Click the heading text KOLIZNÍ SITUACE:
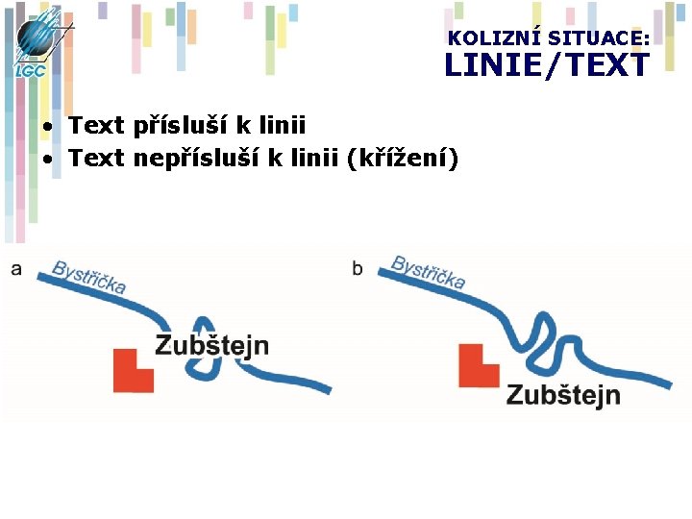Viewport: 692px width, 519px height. point(548,38)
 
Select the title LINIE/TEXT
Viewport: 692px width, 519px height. point(546,65)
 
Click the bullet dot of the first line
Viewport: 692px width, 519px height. point(47,127)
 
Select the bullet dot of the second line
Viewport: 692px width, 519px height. point(47,158)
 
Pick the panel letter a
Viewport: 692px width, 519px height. point(16,269)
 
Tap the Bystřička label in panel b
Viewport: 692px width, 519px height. point(429,272)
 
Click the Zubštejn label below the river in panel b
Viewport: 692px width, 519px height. point(563,395)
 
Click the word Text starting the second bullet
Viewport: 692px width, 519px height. point(97,157)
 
